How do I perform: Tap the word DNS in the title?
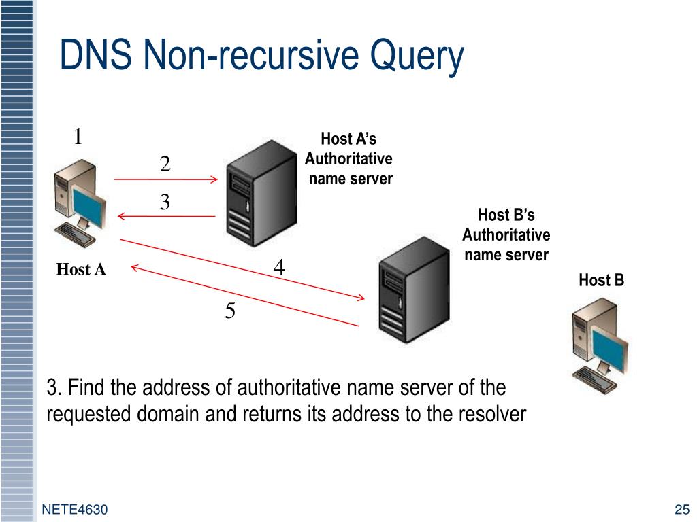tap(95, 54)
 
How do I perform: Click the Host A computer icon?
tap(80, 203)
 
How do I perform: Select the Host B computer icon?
tap(599, 345)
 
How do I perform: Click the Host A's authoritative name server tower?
tap(261, 194)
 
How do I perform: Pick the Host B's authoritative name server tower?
tap(414, 290)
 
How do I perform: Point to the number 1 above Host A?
tap(78, 136)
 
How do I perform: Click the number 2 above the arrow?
tap(165, 164)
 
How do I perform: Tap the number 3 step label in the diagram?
tap(165, 202)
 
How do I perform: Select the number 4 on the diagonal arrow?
tap(279, 266)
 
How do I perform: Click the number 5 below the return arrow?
tap(230, 310)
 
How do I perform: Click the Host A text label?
tap(81, 269)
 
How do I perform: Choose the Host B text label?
tap(602, 280)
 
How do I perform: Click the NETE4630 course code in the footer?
tap(75, 509)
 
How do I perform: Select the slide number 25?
tap(682, 509)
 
